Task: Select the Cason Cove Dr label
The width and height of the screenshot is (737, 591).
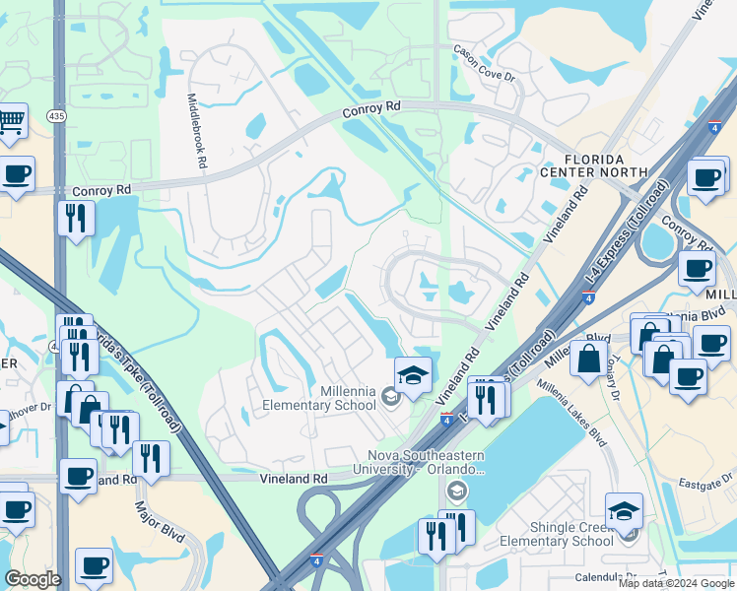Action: click(484, 63)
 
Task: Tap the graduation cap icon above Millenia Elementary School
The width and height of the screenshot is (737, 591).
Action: click(413, 373)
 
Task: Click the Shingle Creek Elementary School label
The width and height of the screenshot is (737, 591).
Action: click(556, 534)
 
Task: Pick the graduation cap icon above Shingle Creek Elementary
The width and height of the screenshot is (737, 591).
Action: click(624, 511)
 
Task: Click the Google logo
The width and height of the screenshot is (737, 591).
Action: click(33, 579)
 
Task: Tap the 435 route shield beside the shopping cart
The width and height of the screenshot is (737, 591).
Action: click(56, 116)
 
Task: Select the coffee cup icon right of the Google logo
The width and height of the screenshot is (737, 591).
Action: click(94, 565)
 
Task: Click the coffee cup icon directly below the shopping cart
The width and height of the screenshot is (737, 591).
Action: click(16, 175)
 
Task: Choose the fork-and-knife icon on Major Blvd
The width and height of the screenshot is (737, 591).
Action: click(151, 457)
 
